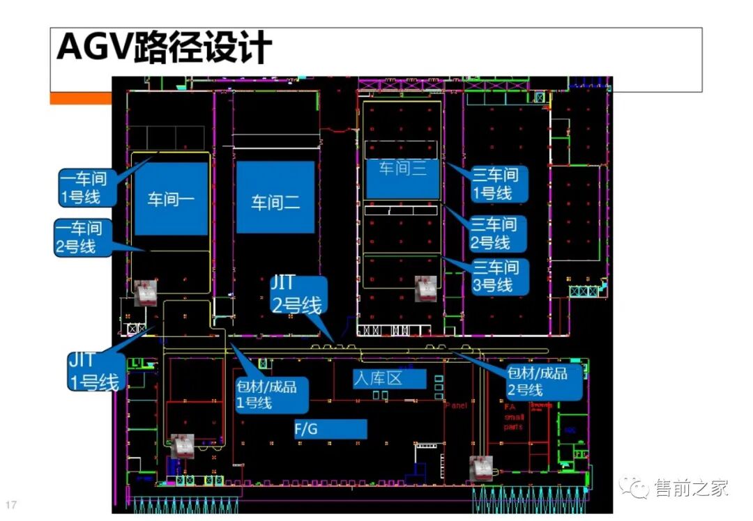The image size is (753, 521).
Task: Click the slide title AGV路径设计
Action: click(165, 48)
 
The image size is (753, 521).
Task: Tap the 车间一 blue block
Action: click(172, 199)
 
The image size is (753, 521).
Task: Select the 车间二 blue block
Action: click(275, 198)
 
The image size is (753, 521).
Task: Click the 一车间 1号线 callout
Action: click(83, 187)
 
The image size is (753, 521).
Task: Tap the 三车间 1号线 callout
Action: click(496, 183)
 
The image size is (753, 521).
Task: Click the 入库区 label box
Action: click(388, 379)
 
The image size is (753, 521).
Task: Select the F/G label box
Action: click(329, 429)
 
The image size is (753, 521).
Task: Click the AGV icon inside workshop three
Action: click(425, 288)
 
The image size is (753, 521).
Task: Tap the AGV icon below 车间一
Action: click(145, 293)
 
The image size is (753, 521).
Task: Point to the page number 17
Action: click(10, 504)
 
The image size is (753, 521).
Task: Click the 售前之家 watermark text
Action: click(692, 488)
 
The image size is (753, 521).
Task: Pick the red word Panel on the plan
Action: click(455, 405)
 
